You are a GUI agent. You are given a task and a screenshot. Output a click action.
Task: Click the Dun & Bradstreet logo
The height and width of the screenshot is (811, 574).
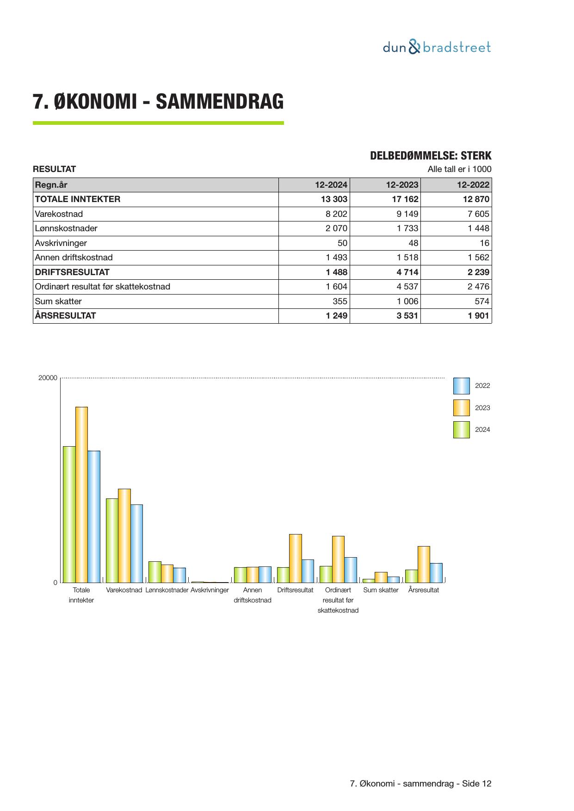(437, 47)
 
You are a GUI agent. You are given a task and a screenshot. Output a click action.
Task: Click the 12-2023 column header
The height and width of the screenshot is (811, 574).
(402, 185)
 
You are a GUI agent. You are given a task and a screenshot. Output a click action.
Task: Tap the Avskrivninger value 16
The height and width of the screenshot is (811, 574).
(484, 243)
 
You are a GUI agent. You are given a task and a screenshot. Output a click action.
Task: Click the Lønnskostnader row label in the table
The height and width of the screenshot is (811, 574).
(66, 228)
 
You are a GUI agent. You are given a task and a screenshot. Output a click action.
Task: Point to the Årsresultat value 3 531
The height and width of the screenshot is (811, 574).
(407, 316)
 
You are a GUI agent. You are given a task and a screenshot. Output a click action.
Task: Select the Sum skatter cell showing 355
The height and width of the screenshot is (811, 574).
(339, 301)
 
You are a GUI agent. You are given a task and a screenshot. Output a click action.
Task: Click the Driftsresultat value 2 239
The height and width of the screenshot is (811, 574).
(478, 272)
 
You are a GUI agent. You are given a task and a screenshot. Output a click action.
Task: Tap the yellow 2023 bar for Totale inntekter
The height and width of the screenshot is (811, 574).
(81, 494)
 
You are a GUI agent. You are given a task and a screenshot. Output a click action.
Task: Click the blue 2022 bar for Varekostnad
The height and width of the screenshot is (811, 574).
(136, 543)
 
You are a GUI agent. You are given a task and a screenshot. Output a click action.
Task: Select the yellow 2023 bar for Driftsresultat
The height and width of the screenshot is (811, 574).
(296, 558)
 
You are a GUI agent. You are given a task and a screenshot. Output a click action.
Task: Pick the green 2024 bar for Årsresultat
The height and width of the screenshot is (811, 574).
(411, 576)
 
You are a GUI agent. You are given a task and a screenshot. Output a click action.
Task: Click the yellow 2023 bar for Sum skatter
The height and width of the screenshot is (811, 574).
(381, 577)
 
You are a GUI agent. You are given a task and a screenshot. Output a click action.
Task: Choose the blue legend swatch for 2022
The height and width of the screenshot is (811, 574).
(461, 386)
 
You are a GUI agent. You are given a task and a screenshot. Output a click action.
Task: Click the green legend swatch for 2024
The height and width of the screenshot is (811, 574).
(461, 430)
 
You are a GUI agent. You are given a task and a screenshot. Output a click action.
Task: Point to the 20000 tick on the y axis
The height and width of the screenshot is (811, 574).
(48, 378)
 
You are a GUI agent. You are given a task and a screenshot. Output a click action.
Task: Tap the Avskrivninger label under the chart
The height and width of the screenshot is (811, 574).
(210, 590)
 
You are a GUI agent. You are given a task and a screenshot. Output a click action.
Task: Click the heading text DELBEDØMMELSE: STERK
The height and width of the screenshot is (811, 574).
(430, 156)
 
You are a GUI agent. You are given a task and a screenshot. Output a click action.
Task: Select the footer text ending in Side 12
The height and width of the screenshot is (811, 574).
(420, 784)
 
